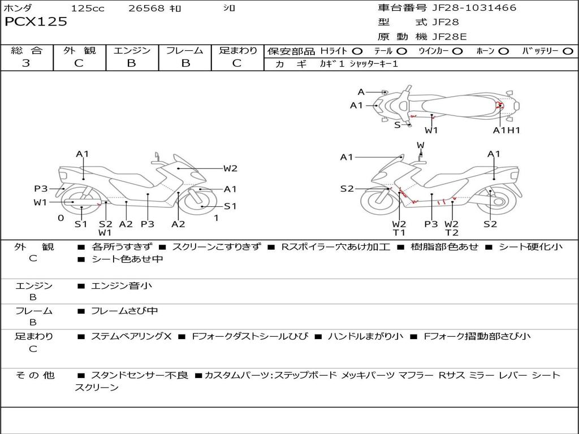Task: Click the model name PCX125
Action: pyautogui.click(x=36, y=22)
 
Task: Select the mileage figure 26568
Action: pyautogui.click(x=146, y=8)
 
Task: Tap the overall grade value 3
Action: pyautogui.click(x=26, y=63)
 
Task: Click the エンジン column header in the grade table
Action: pyautogui.click(x=132, y=51)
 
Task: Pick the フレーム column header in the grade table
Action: pyautogui.click(x=185, y=51)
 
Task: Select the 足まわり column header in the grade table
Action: pyautogui.click(x=238, y=51)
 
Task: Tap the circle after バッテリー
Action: pyautogui.click(x=568, y=51)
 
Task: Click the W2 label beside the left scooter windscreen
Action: pyautogui.click(x=230, y=168)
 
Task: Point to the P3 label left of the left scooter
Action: pyautogui.click(x=41, y=189)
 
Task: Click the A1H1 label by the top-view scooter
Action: pyautogui.click(x=506, y=130)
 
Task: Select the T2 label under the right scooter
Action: pyautogui.click(x=452, y=233)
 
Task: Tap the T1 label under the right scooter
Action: pyautogui.click(x=399, y=233)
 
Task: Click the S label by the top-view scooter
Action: pyautogui.click(x=397, y=125)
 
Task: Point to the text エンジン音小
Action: pyautogui.click(x=122, y=286)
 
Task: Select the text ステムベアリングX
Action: pyautogui.click(x=131, y=336)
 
